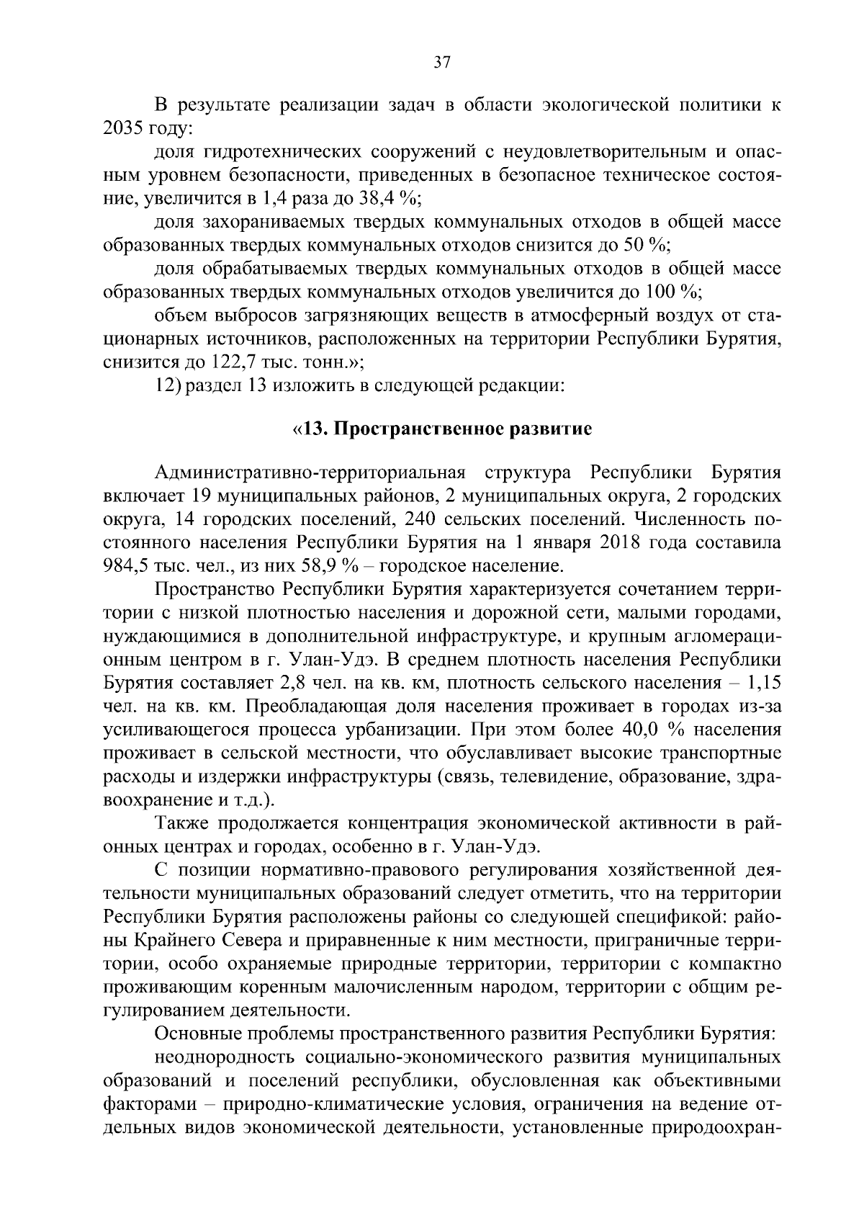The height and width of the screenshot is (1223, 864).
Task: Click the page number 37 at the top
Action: [x=442, y=63]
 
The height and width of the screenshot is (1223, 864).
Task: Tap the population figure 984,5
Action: [x=127, y=566]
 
